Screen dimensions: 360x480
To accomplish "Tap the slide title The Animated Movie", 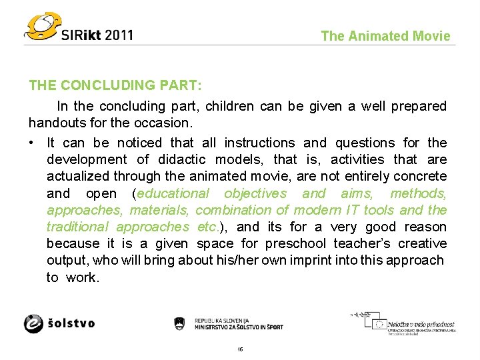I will tap(385, 37).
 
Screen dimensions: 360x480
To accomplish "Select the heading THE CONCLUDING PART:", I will tap(115, 86).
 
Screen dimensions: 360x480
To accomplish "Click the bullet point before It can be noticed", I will tap(32, 143).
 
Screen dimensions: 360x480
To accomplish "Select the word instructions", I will tap(259, 143).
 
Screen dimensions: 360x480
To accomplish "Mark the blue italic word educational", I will tap(173, 193).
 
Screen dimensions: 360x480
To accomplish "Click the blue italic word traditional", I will tap(78, 227).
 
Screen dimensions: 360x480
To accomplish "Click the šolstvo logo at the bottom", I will tap(59, 323).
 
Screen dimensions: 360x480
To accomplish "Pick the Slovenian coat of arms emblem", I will tap(179, 323).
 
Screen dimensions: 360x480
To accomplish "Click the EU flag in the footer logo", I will tap(379, 325).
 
